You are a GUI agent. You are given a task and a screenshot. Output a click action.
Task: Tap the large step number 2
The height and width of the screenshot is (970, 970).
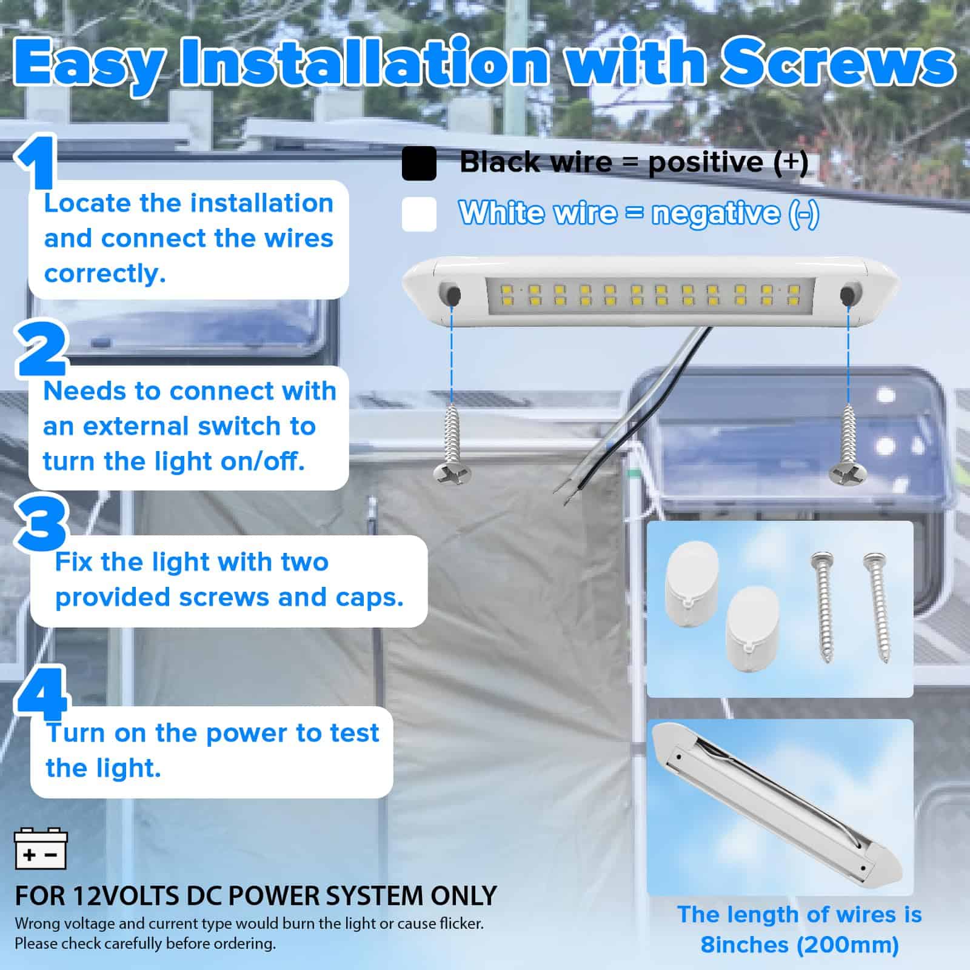41,349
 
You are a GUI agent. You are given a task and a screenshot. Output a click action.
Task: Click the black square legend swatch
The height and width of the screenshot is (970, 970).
419,163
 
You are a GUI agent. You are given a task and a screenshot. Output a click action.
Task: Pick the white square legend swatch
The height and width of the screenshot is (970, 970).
419,214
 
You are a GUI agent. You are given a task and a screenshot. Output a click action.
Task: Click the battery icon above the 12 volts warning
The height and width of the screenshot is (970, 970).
40,849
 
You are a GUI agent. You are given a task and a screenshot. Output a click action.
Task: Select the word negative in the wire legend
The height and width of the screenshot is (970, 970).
715,214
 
